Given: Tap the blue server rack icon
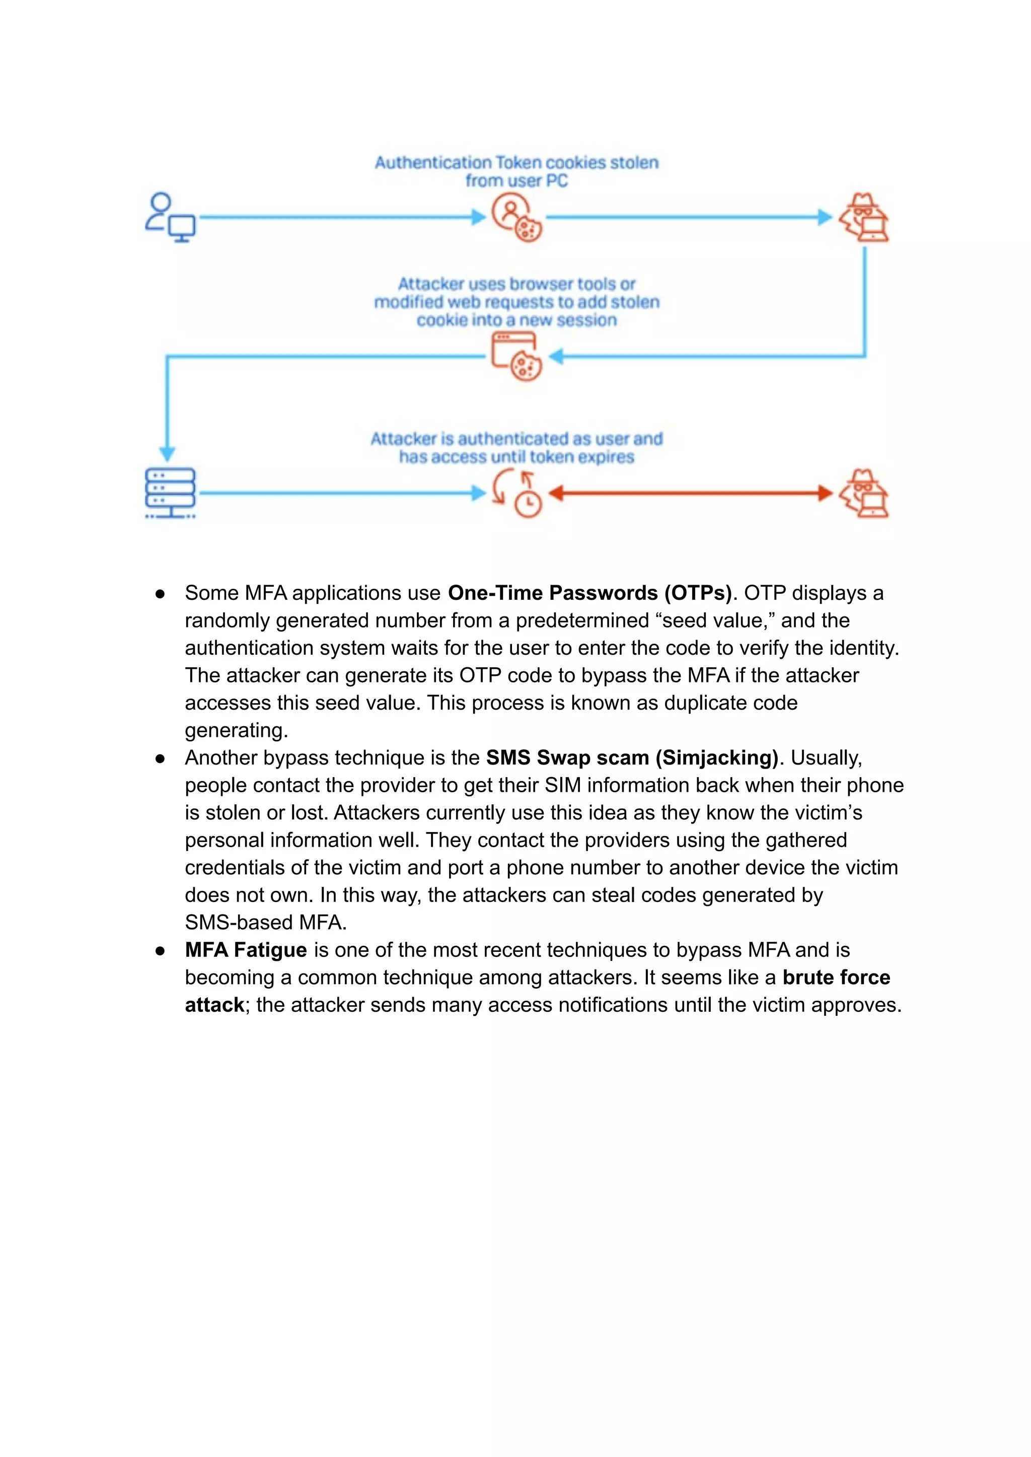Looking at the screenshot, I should (x=170, y=494).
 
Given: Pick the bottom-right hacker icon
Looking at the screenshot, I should (x=863, y=494).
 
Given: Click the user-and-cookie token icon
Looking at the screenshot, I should (x=516, y=218).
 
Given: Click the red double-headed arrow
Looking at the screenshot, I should (x=690, y=493).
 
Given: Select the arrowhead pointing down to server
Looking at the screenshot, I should (x=167, y=453).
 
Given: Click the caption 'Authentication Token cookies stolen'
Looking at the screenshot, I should (x=516, y=163).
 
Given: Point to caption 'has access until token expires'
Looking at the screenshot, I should (x=516, y=457).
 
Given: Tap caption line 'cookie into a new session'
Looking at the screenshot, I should (x=516, y=320).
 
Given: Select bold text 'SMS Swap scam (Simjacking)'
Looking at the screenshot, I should (x=632, y=758).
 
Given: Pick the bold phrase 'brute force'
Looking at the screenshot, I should (x=836, y=977).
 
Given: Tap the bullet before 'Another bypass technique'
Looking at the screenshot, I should (x=160, y=758).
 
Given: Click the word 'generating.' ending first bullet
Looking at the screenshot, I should (x=236, y=730).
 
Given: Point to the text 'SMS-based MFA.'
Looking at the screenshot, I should (x=265, y=922).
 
